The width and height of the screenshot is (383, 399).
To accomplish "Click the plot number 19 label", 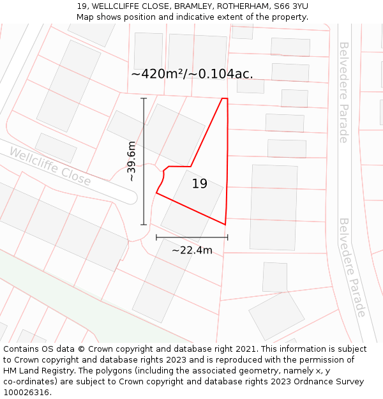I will click(x=200, y=184).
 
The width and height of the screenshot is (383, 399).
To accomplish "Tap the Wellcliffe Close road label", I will click(x=50, y=166).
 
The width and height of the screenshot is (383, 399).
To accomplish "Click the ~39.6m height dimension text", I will click(x=131, y=162).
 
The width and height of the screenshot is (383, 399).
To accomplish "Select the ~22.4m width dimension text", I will click(x=192, y=250).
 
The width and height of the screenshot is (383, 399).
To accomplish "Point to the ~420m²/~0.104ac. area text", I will click(x=192, y=73).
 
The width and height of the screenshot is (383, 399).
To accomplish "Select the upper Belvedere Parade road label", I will click(x=343, y=92).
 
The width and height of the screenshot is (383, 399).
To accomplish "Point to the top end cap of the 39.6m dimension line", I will click(x=144, y=98).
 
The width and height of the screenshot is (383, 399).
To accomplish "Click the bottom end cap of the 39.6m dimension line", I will click(x=144, y=225).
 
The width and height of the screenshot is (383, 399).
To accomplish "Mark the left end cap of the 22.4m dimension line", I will click(x=156, y=237).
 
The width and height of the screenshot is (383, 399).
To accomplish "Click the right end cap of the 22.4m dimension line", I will click(x=227, y=237).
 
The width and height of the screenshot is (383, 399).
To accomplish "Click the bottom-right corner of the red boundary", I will click(x=225, y=224).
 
